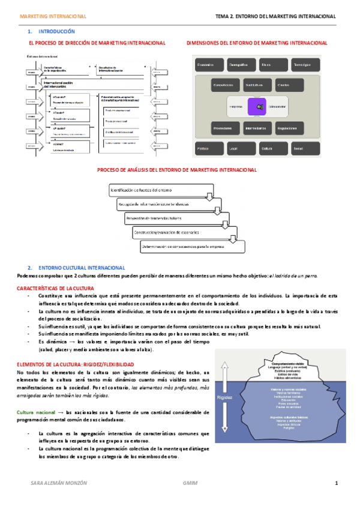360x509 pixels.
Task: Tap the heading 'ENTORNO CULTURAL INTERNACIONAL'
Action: (x=82, y=267)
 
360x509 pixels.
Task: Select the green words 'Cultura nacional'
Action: (x=37, y=412)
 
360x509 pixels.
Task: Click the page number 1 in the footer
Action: (x=337, y=483)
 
